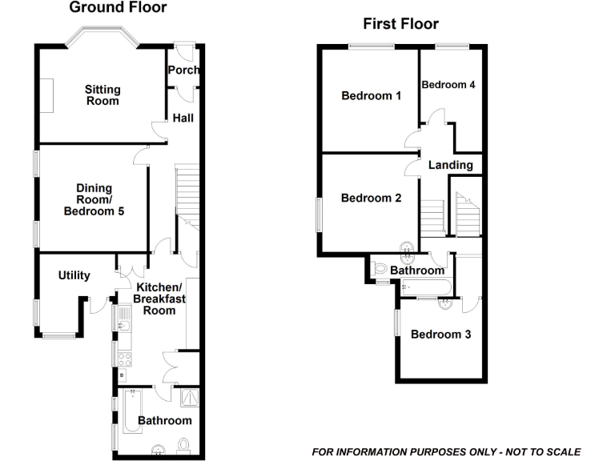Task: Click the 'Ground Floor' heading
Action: tap(118, 8)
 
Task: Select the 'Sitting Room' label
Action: tap(102, 94)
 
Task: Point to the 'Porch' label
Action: tap(183, 70)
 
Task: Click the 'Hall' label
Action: tap(183, 118)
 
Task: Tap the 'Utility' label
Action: tap(74, 275)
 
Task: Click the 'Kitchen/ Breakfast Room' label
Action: tap(159, 299)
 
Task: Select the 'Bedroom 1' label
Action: tap(371, 96)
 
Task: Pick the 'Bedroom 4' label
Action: tap(448, 85)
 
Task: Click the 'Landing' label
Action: tap(451, 166)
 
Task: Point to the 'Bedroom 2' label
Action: tap(371, 198)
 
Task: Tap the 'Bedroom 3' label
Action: tap(440, 334)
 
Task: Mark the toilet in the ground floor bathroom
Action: tap(184, 445)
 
